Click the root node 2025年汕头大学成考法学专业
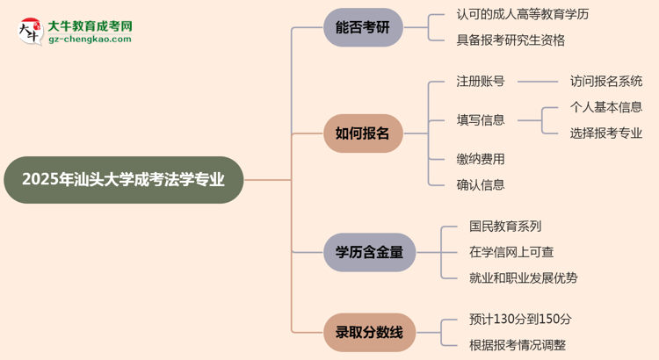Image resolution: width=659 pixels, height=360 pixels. click(x=123, y=180)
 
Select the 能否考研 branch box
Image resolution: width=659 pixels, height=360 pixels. click(x=363, y=28)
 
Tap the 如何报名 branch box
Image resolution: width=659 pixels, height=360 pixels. click(x=363, y=133)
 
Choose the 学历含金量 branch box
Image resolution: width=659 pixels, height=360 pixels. click(x=369, y=252)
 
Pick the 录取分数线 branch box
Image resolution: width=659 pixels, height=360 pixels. click(x=369, y=332)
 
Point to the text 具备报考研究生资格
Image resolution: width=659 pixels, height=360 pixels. click(x=511, y=40)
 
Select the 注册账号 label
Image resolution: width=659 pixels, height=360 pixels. click(x=480, y=82)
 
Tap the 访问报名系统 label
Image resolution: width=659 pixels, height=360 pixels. click(x=606, y=82)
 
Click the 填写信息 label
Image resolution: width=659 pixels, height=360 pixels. click(x=480, y=120)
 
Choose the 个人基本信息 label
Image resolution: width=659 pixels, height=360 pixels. click(x=606, y=107)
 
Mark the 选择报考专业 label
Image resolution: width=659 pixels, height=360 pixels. click(x=606, y=133)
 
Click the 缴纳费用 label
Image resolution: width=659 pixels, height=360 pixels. click(x=480, y=159)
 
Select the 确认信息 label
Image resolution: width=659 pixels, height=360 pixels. click(x=480, y=184)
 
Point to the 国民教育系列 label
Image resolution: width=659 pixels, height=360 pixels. click(x=505, y=227)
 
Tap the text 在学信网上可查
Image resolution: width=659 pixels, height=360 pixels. click(x=511, y=252)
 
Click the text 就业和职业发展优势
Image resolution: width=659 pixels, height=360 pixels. click(x=524, y=278)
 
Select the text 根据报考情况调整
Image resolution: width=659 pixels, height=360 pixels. click(x=518, y=345)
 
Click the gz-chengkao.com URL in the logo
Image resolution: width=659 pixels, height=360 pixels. click(x=91, y=40)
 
